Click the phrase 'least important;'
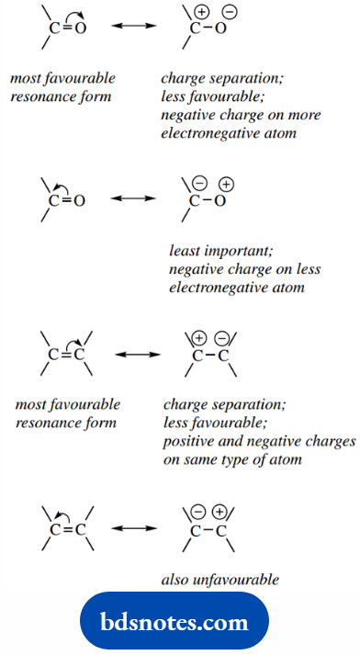click(213, 250)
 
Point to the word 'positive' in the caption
click(187, 441)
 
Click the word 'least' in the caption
click(184, 250)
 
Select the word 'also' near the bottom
click(175, 579)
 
